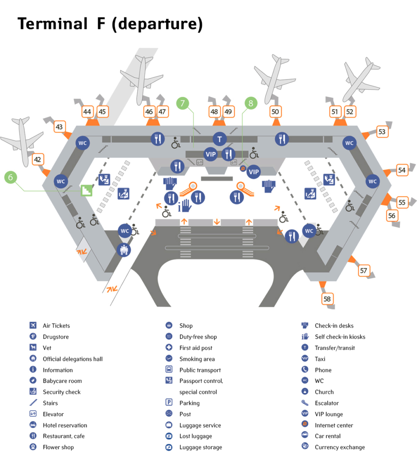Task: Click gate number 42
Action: click(38, 159)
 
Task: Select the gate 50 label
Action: click(276, 111)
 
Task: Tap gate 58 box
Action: click(327, 299)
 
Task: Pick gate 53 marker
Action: click(382, 132)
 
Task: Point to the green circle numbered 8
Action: click(250, 103)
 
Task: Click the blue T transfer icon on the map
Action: click(219, 139)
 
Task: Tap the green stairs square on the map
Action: click(86, 190)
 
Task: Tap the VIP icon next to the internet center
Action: click(254, 172)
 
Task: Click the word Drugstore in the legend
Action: click(56, 337)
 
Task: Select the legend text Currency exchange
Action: click(340, 447)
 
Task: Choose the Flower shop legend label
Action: click(58, 447)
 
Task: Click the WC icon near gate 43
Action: click(82, 143)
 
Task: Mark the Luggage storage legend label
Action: click(201, 447)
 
